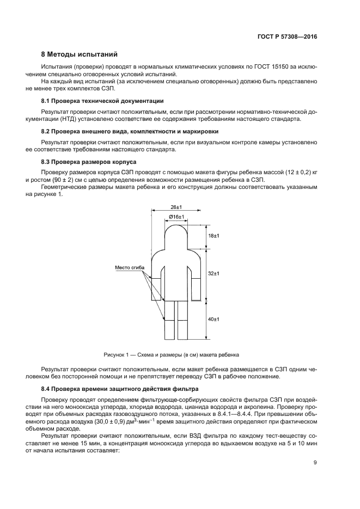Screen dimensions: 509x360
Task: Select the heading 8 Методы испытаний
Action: coord(79,55)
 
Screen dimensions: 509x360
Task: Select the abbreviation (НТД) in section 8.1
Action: coord(92,118)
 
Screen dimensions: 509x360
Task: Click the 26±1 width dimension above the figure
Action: coord(176,207)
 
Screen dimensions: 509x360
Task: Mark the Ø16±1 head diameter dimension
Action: coord(176,217)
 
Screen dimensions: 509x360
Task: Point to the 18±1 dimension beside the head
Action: coord(213,236)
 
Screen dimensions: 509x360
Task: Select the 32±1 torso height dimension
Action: coord(213,273)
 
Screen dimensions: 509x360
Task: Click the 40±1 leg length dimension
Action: coord(213,319)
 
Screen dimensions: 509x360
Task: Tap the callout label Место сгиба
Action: coord(129,268)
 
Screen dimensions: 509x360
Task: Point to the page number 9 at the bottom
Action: coord(315,463)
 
